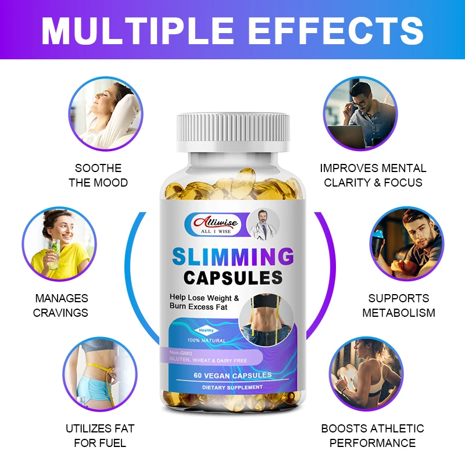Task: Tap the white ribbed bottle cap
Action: coord(233,133)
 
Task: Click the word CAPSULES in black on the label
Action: coord(233,277)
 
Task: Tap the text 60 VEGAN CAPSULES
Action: coord(233,376)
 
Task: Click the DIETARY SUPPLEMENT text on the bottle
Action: coord(233,387)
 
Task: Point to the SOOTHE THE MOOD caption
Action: coord(98,175)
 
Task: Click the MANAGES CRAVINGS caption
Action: coord(60,305)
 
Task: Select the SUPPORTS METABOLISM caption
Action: coord(399,305)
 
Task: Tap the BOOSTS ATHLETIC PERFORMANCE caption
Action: coord(373,436)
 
